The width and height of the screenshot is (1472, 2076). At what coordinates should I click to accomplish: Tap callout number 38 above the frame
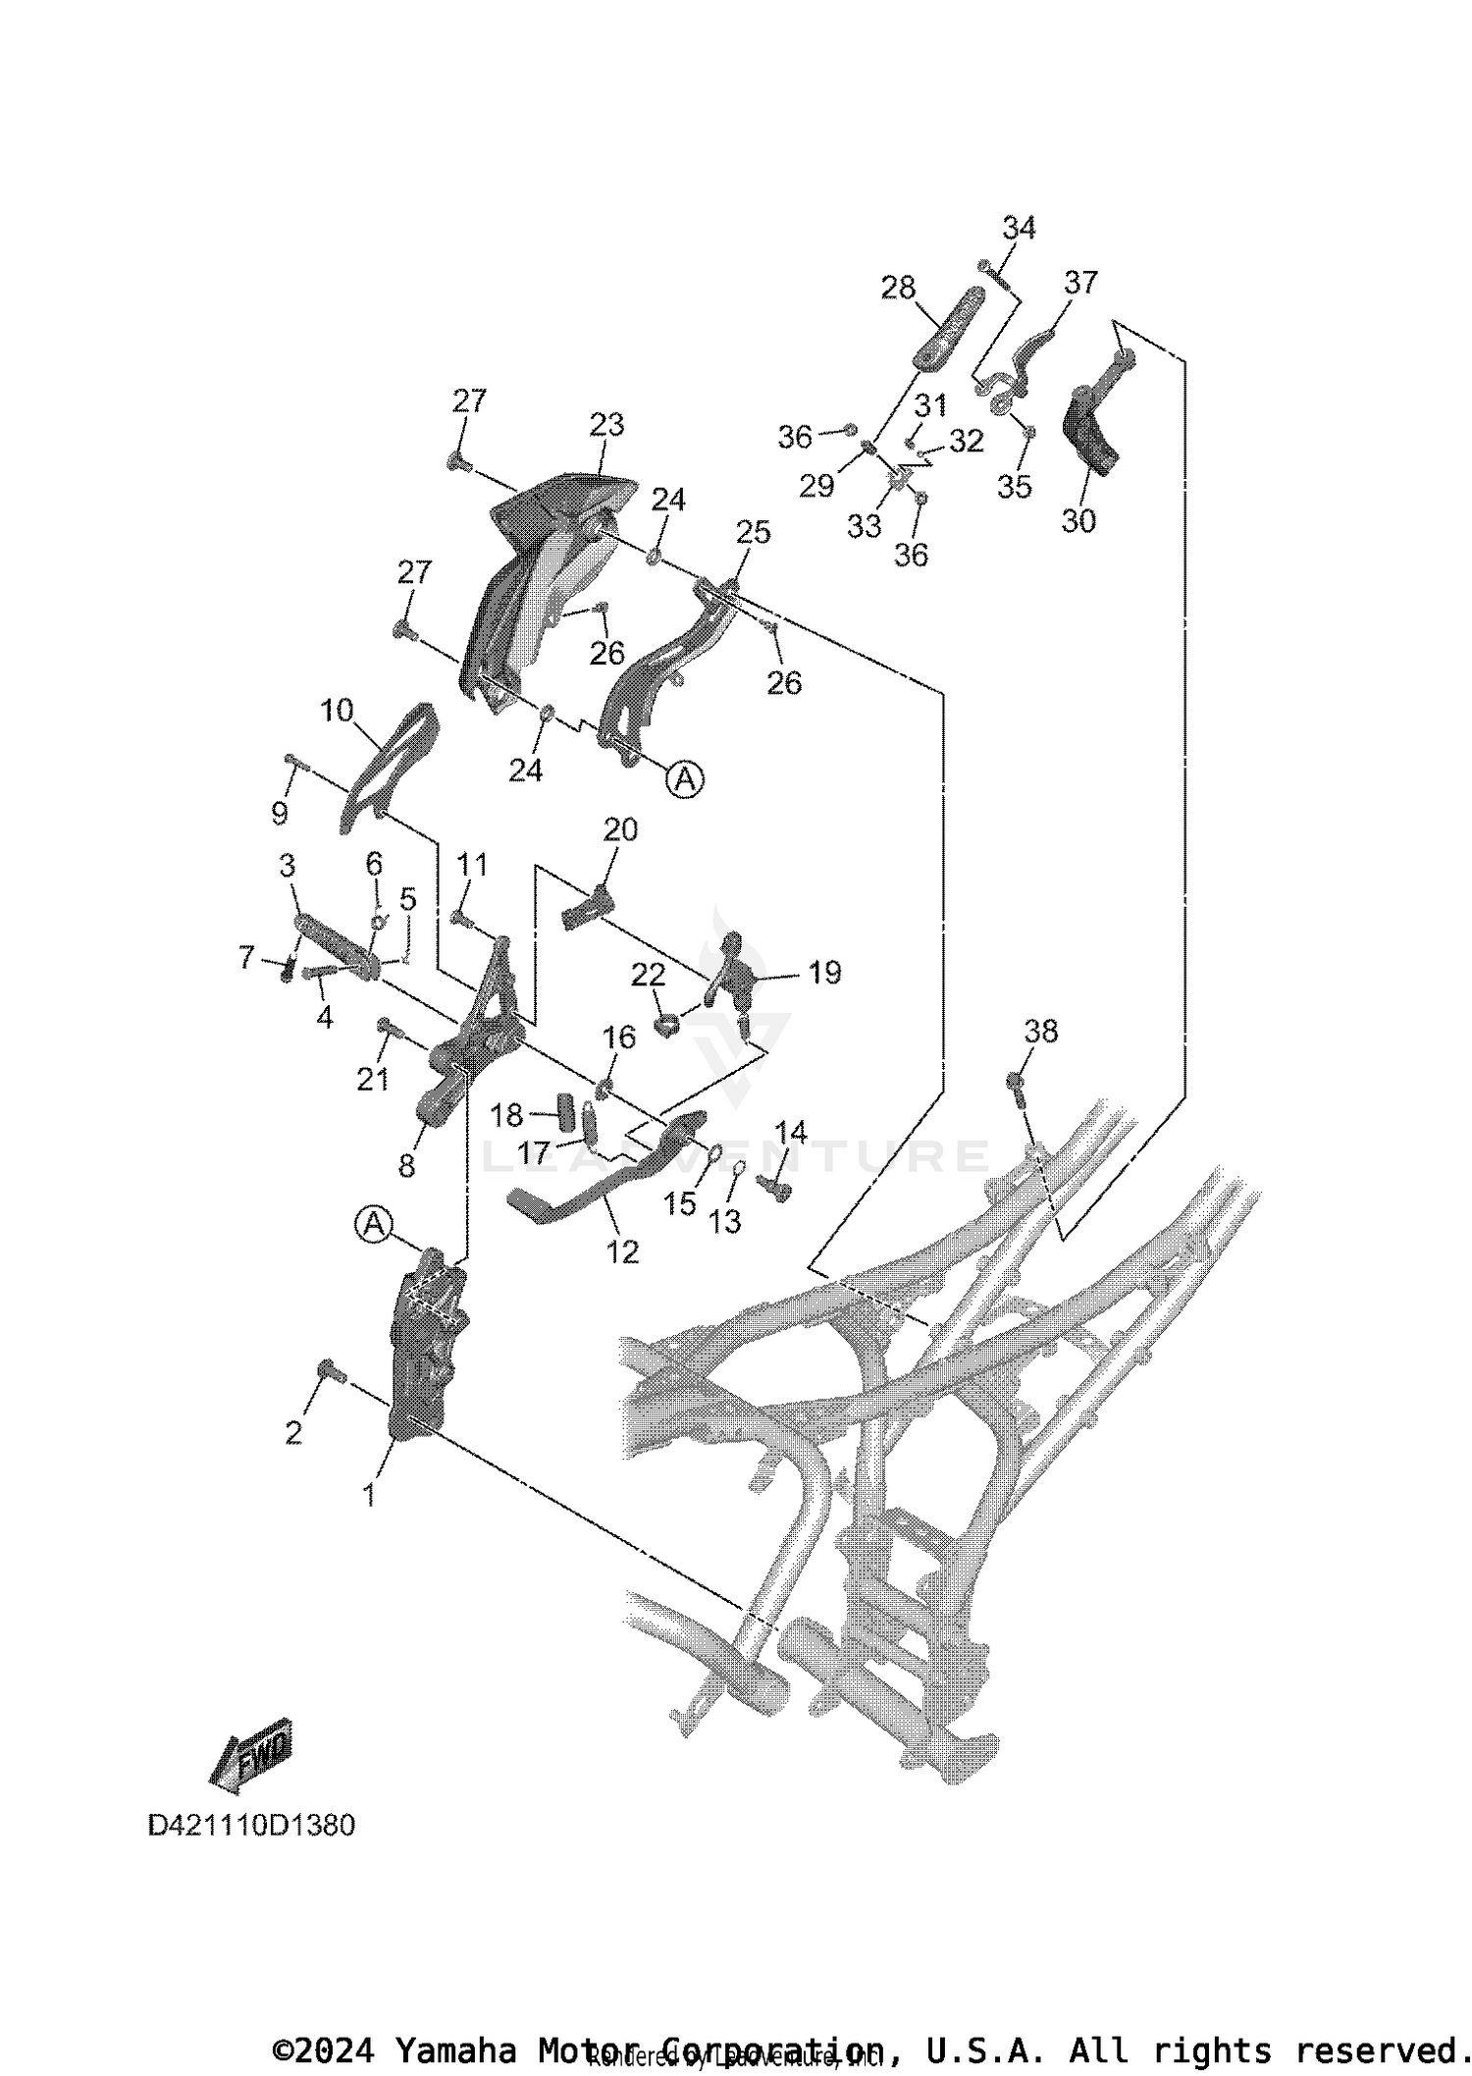tap(1041, 1031)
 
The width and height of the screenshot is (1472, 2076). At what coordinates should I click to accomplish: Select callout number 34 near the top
tap(1019, 228)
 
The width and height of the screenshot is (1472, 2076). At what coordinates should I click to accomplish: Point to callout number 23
tap(606, 425)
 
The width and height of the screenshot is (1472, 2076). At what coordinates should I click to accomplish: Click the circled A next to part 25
tap(685, 779)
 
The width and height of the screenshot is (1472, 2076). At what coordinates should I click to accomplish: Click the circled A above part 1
tap(373, 1224)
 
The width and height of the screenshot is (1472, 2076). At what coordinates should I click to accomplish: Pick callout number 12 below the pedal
tap(622, 1251)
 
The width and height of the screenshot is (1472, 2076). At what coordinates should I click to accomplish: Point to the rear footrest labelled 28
tap(950, 328)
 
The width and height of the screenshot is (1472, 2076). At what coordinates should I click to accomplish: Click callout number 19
tap(824, 973)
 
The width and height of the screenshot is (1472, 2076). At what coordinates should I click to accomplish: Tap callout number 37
tap(1080, 283)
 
